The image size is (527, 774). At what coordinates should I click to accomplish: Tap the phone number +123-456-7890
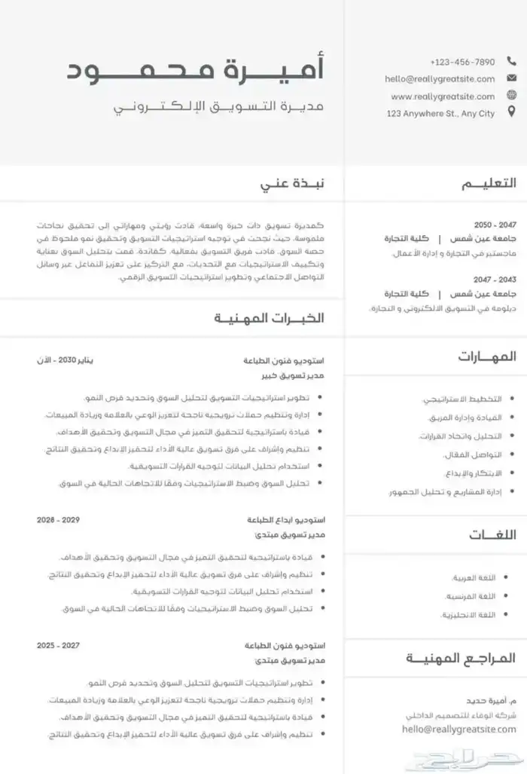tap(462, 62)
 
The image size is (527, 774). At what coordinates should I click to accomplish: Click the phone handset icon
tap(512, 62)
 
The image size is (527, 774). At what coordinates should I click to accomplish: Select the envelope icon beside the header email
tap(512, 78)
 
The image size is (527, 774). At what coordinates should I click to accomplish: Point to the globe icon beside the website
tap(512, 96)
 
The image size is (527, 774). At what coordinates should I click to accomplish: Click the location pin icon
tap(512, 112)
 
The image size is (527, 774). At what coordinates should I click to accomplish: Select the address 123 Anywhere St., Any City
tap(440, 113)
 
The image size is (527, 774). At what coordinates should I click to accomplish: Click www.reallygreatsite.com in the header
tap(443, 96)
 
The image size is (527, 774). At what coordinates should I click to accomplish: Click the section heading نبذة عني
tap(292, 183)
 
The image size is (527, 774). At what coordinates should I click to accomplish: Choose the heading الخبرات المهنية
tap(269, 317)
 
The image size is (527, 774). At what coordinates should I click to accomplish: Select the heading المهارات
tap(487, 356)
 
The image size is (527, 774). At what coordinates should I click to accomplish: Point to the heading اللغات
tap(493, 535)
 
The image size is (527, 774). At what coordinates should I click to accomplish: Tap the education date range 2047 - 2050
tap(495, 225)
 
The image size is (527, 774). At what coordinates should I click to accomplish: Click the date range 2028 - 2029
tap(58, 520)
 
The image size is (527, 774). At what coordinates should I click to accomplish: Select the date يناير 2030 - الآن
tap(68, 360)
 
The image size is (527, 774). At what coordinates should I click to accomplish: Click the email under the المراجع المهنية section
tap(459, 729)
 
